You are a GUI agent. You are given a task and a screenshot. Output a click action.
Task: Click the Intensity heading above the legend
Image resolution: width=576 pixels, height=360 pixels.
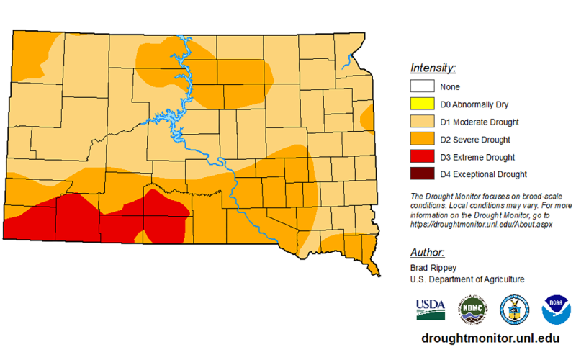[x=434, y=68]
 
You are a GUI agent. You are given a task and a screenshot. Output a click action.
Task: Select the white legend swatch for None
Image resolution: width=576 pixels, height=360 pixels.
[x=423, y=87]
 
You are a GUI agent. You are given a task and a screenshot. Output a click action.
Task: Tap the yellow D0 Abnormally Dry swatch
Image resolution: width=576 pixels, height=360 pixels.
[x=423, y=104]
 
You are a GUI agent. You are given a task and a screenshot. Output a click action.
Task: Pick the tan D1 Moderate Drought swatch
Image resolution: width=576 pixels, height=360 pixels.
[x=423, y=122]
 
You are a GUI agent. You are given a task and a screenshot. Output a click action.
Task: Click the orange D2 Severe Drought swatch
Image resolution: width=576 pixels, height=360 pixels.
[x=423, y=139]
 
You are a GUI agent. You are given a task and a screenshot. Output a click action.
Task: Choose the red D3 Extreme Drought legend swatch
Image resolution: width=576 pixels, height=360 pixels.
[x=423, y=156]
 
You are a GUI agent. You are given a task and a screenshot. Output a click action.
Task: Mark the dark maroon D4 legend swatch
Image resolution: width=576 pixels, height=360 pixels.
[x=423, y=174]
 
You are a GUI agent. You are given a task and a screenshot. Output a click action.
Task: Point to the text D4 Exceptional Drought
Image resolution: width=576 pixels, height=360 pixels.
[x=483, y=174]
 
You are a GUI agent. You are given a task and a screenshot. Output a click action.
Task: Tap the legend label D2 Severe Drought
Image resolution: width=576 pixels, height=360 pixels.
[x=475, y=139]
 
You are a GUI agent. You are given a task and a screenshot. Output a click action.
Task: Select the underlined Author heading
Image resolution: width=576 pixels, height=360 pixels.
[x=427, y=253]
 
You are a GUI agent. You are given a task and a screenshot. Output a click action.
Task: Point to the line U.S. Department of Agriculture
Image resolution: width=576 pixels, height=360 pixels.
[x=467, y=279]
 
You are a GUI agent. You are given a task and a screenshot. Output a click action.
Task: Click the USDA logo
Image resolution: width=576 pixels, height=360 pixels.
[x=430, y=308]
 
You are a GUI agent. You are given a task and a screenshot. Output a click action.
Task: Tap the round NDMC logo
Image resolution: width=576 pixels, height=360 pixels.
[x=474, y=308]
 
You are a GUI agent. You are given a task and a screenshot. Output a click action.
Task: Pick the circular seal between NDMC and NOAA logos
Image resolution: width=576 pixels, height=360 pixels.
[x=515, y=308]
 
